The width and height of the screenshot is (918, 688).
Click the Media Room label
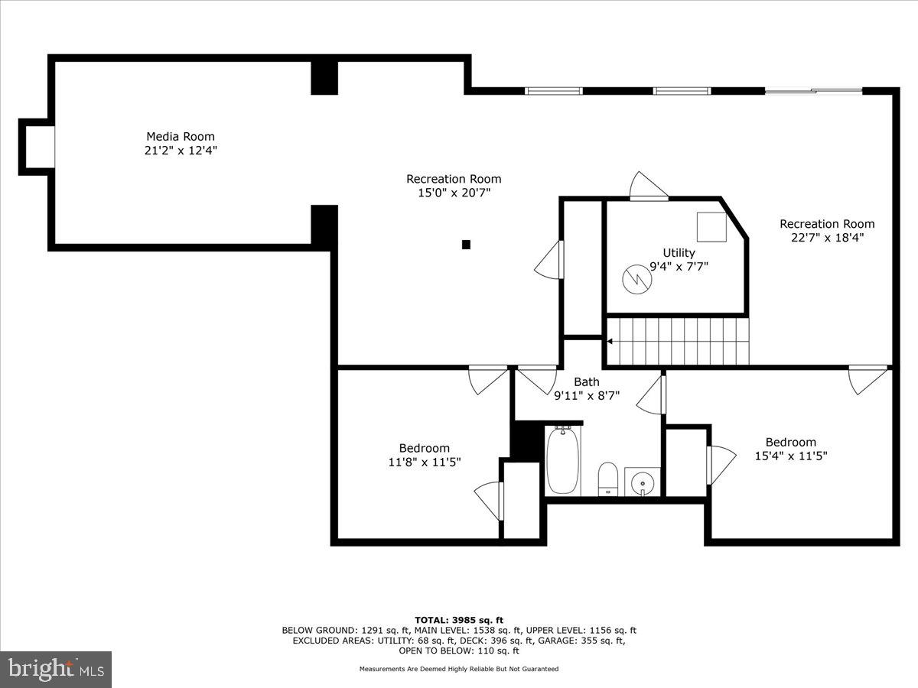pos(181,137)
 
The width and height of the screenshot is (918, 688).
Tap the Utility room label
pos(679,253)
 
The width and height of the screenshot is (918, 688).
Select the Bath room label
pos(587,382)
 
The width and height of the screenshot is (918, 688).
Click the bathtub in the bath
pos(562,461)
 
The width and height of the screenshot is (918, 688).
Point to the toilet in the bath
pos(608,479)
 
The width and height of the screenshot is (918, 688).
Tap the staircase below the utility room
pos(678,341)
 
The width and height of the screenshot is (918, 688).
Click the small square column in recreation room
pos(466,245)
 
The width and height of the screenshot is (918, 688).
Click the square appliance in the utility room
pos(711,227)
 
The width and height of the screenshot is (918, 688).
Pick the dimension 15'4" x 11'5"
pos(791,456)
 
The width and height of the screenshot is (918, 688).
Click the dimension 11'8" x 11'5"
pos(424,462)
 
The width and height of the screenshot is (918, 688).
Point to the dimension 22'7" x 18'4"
pos(826,238)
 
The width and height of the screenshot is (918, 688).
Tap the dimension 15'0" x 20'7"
pos(454,193)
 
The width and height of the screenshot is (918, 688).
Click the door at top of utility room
pos(648,187)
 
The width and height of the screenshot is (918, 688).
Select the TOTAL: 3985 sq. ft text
pos(459,620)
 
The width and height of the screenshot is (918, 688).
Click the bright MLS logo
pos(56,669)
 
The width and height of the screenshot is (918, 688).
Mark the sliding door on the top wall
pos(813,92)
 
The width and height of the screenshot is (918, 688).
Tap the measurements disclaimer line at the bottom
pos(459,669)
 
